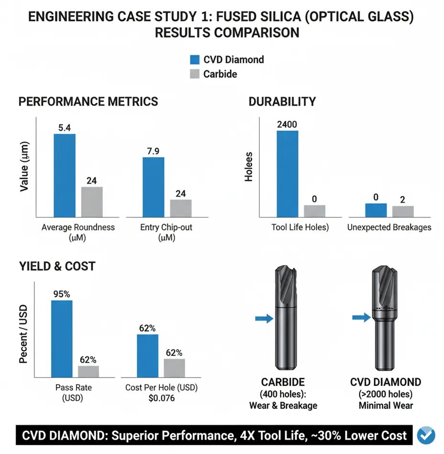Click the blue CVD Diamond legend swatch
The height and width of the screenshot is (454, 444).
195,60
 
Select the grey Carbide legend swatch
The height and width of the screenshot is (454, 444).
195,74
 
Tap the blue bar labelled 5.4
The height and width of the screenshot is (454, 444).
65,175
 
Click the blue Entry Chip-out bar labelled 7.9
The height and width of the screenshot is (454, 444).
154,187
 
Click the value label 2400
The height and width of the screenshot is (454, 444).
287,125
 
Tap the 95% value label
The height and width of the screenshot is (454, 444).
61,294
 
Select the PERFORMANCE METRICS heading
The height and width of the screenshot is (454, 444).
88,102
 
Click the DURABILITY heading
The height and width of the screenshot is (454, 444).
282,102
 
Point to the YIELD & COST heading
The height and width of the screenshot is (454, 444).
56,266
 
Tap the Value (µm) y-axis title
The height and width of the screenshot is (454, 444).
24,167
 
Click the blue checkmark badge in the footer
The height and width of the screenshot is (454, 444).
426,435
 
